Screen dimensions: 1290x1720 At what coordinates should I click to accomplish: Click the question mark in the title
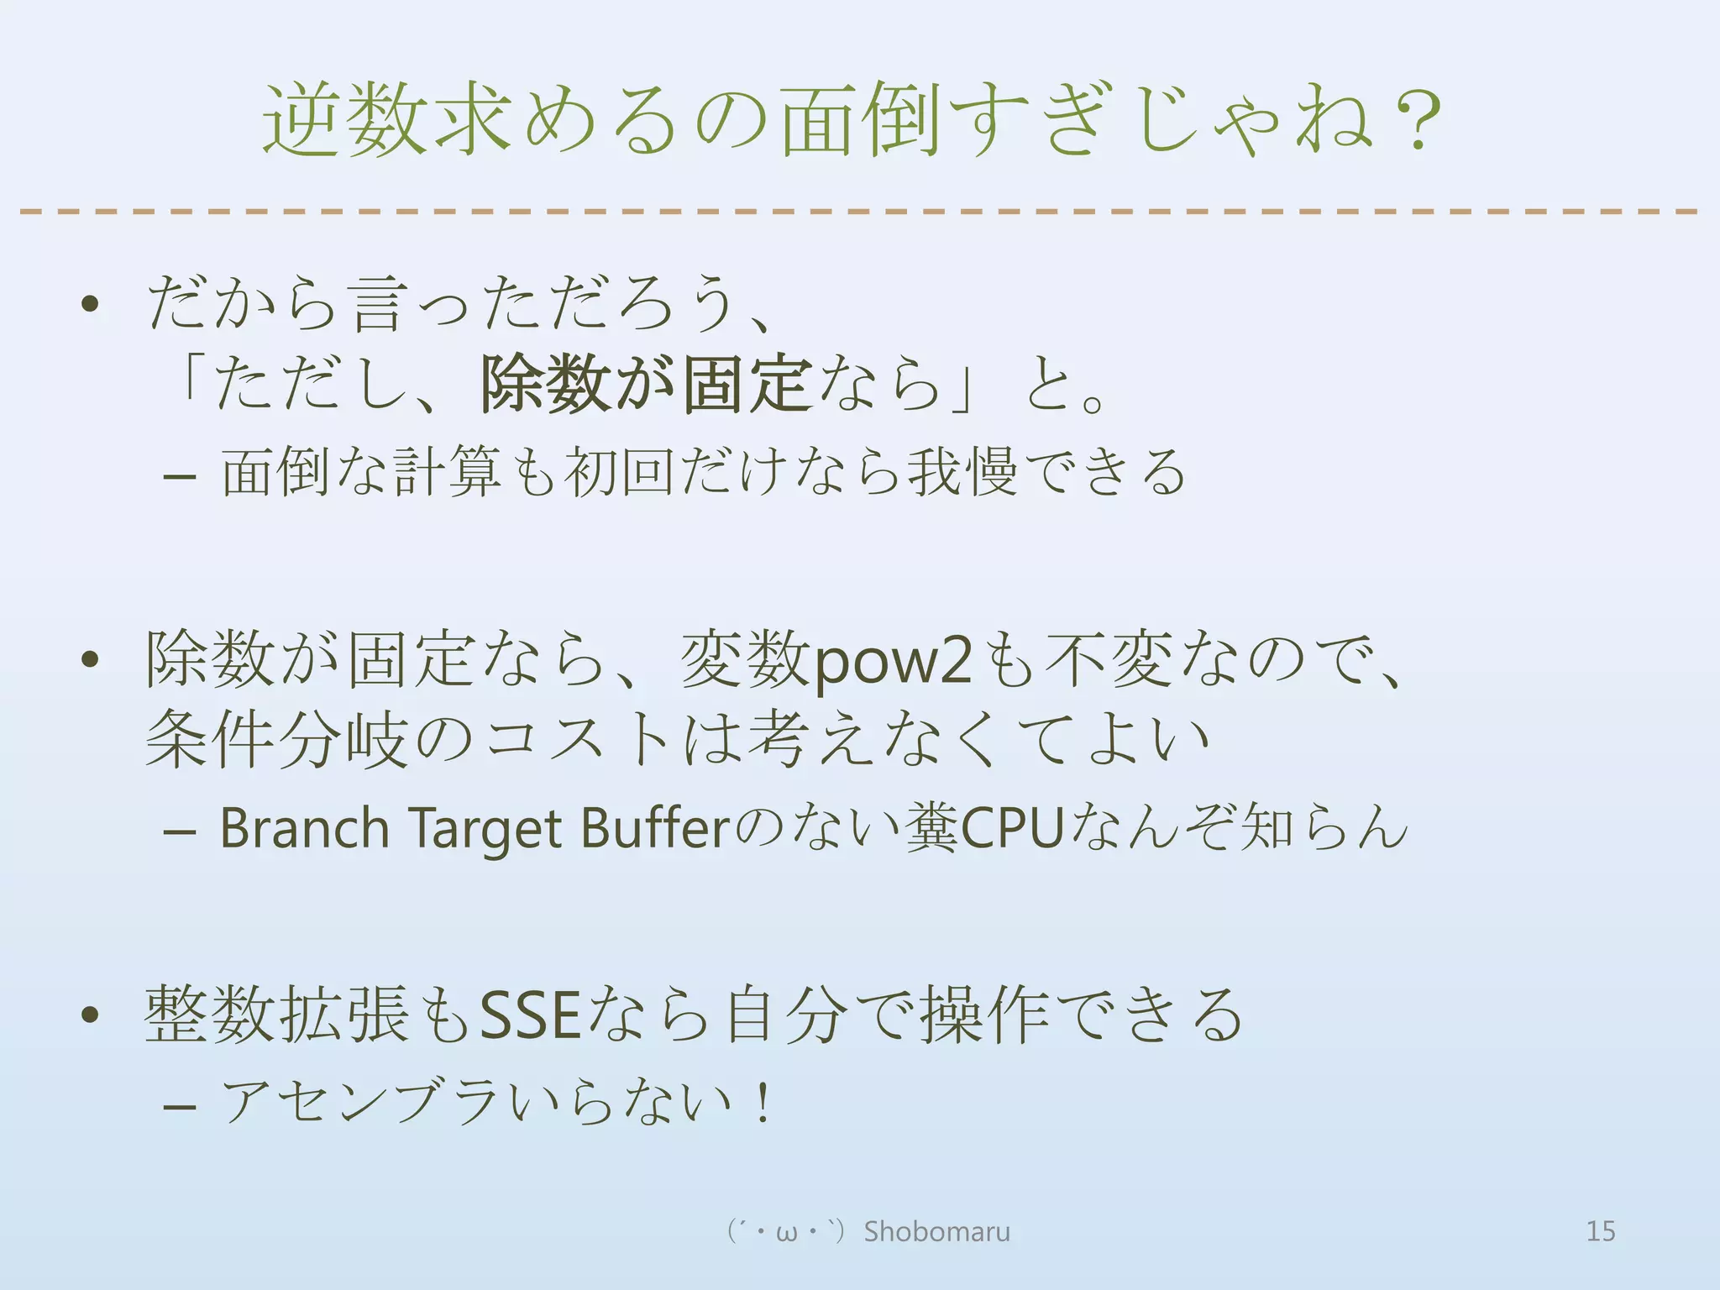pyautogui.click(x=1418, y=122)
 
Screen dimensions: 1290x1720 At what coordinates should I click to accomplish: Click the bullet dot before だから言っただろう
pyautogui.click(x=91, y=304)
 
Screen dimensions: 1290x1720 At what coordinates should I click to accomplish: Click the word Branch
pyautogui.click(x=304, y=828)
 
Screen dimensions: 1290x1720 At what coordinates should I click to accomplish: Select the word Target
pyautogui.click(x=485, y=830)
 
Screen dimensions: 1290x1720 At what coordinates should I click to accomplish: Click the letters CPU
pyautogui.click(x=1012, y=828)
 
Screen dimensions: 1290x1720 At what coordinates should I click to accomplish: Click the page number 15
pyautogui.click(x=1600, y=1231)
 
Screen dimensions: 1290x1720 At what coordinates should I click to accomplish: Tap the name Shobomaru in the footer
pyautogui.click(x=936, y=1231)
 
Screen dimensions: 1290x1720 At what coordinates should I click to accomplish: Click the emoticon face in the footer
pyautogui.click(x=786, y=1232)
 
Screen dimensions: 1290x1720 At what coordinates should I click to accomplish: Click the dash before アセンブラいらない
pyautogui.click(x=180, y=1107)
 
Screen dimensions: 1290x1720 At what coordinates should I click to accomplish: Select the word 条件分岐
pyautogui.click(x=277, y=739)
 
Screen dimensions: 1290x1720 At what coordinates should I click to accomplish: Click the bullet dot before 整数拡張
pyautogui.click(x=91, y=1016)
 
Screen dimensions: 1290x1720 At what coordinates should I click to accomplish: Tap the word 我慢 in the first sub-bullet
pyautogui.click(x=962, y=472)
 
